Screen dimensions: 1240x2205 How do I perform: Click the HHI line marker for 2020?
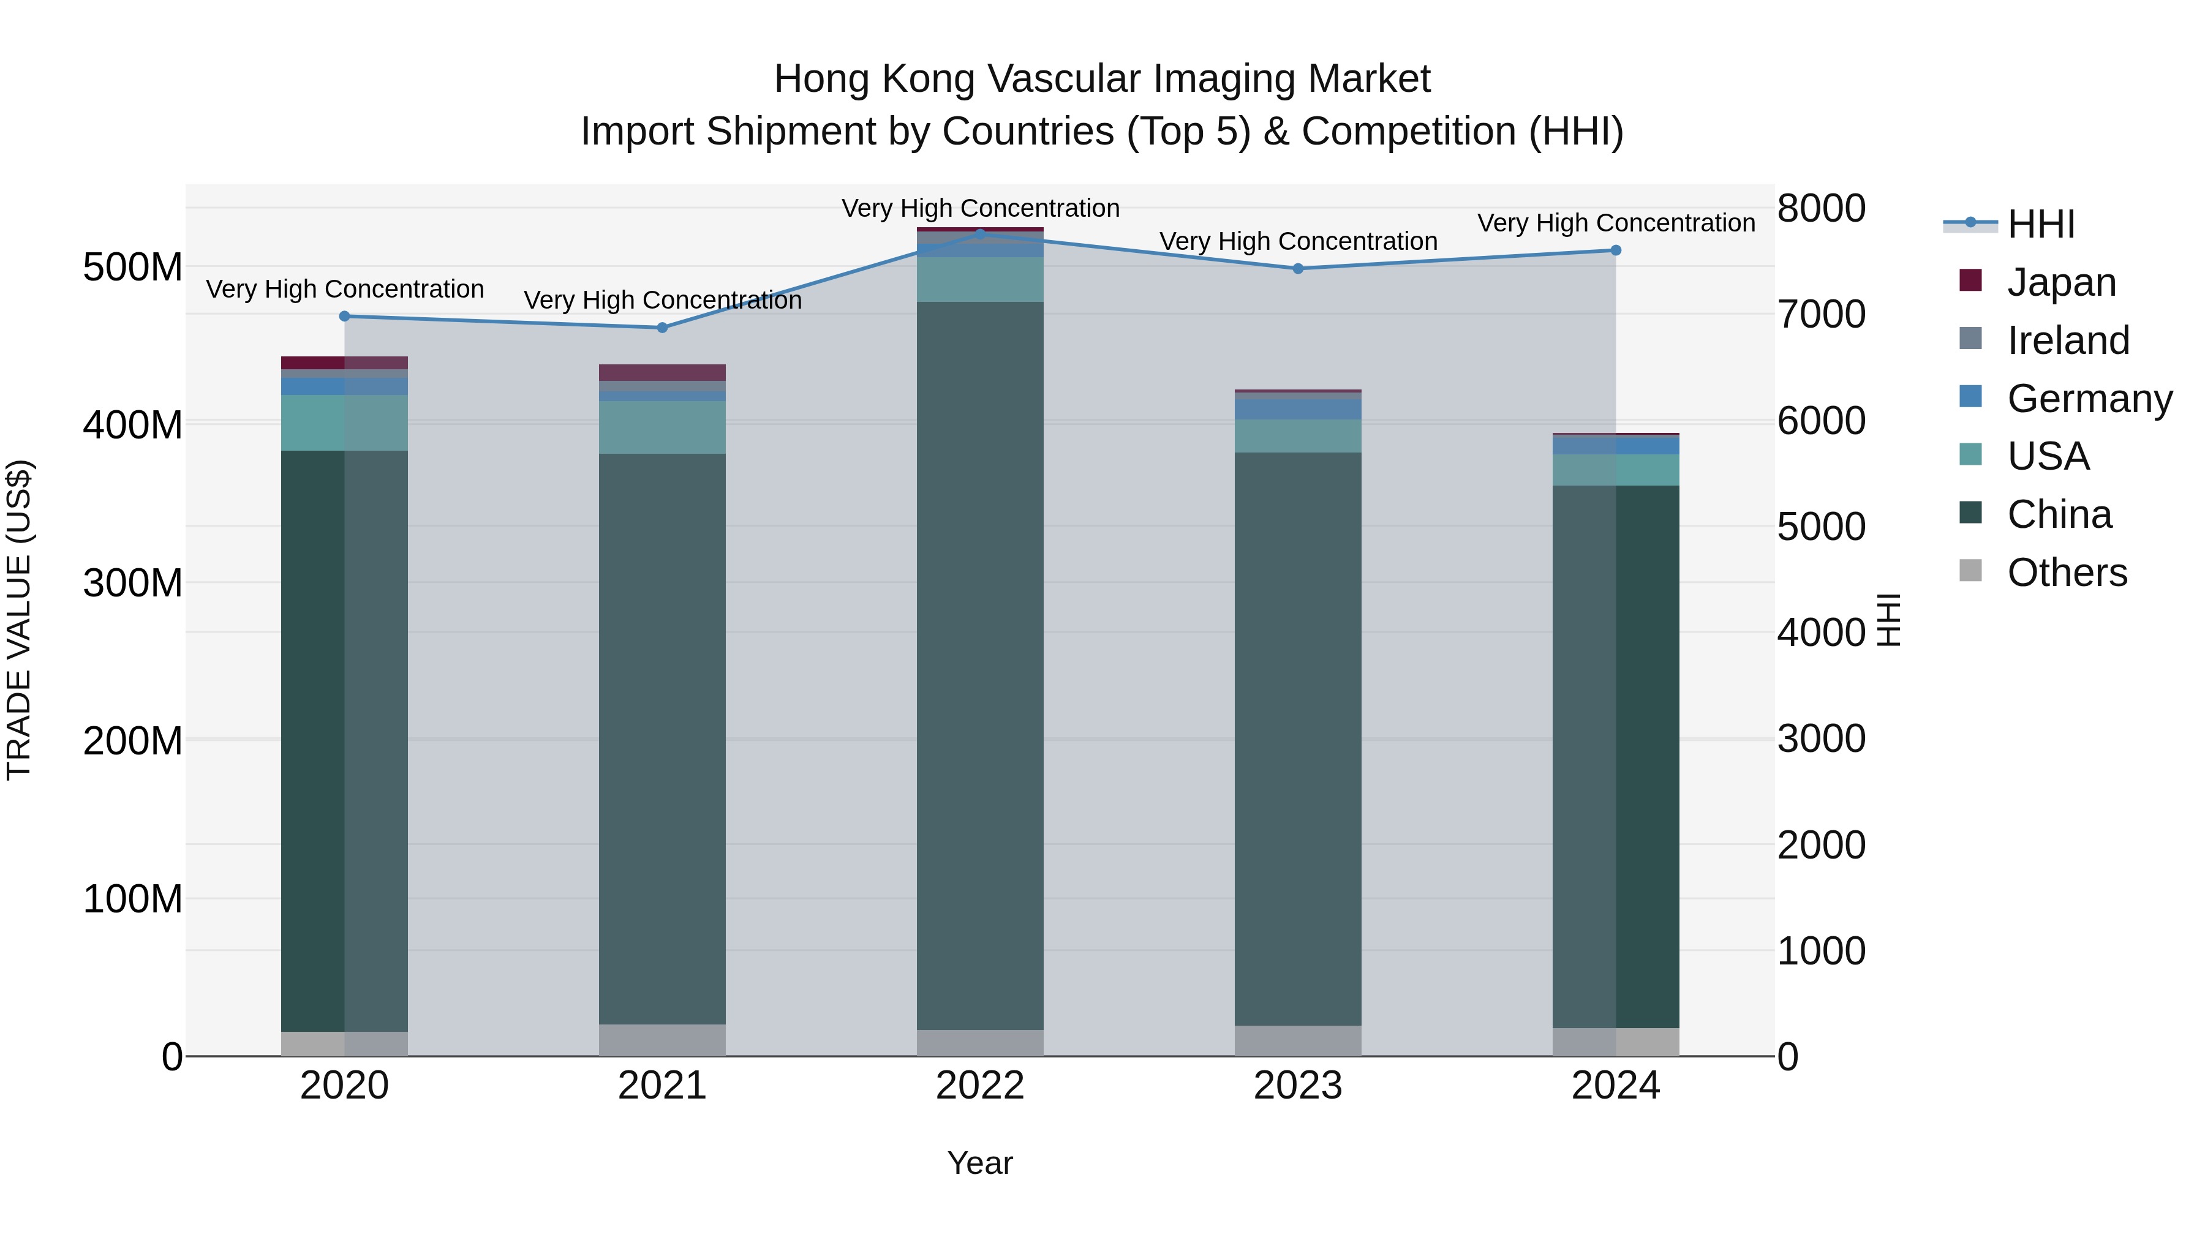pos(345,317)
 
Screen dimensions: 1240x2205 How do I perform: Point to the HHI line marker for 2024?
pos(1615,250)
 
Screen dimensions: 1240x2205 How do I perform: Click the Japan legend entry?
pos(2060,282)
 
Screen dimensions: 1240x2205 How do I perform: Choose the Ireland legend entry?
pos(2067,340)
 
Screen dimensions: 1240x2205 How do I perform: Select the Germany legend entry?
pos(2089,399)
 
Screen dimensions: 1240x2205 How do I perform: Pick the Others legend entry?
pos(2067,573)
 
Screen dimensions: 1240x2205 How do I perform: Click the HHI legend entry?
pos(2041,224)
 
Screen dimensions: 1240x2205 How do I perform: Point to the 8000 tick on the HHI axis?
pos(1821,208)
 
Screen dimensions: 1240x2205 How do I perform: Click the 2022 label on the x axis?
pos(980,1086)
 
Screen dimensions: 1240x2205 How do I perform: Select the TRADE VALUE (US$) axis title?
pos(19,620)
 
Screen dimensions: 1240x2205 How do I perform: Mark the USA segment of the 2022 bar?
pos(980,280)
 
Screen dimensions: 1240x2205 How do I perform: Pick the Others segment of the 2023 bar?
pos(1298,1040)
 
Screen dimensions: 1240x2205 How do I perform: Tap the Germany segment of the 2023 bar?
pos(1298,409)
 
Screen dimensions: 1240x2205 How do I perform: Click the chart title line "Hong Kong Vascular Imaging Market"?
pos(1102,79)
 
